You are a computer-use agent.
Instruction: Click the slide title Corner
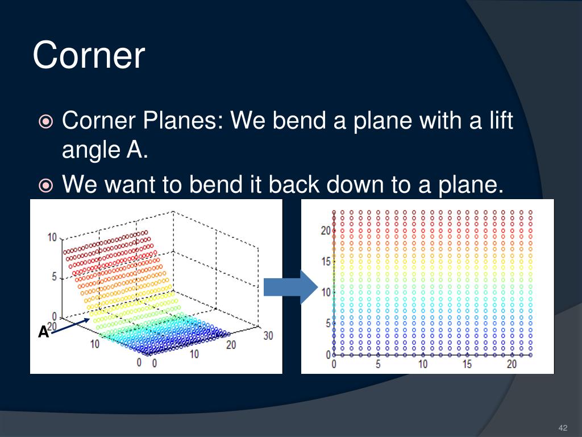pyautogui.click(x=89, y=55)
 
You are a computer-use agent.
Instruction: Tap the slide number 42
pyautogui.click(x=563, y=428)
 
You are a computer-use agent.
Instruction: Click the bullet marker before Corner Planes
pyautogui.click(x=45, y=122)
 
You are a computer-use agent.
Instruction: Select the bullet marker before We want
pyautogui.click(x=45, y=185)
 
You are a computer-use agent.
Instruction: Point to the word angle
pyautogui.click(x=91, y=150)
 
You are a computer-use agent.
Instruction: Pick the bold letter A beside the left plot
pyautogui.click(x=43, y=332)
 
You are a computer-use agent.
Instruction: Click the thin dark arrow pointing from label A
pyautogui.click(x=70, y=326)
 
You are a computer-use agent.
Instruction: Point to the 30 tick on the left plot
pyautogui.click(x=268, y=336)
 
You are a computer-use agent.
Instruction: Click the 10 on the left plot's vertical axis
pyautogui.click(x=52, y=237)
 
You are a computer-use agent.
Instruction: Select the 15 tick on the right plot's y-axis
pyautogui.click(x=326, y=262)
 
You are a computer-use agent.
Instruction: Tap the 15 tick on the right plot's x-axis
pyautogui.click(x=467, y=364)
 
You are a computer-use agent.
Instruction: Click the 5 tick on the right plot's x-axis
pyautogui.click(x=378, y=364)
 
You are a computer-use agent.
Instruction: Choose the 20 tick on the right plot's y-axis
pyautogui.click(x=326, y=231)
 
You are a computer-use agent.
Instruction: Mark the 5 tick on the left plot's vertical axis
pyautogui.click(x=55, y=277)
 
